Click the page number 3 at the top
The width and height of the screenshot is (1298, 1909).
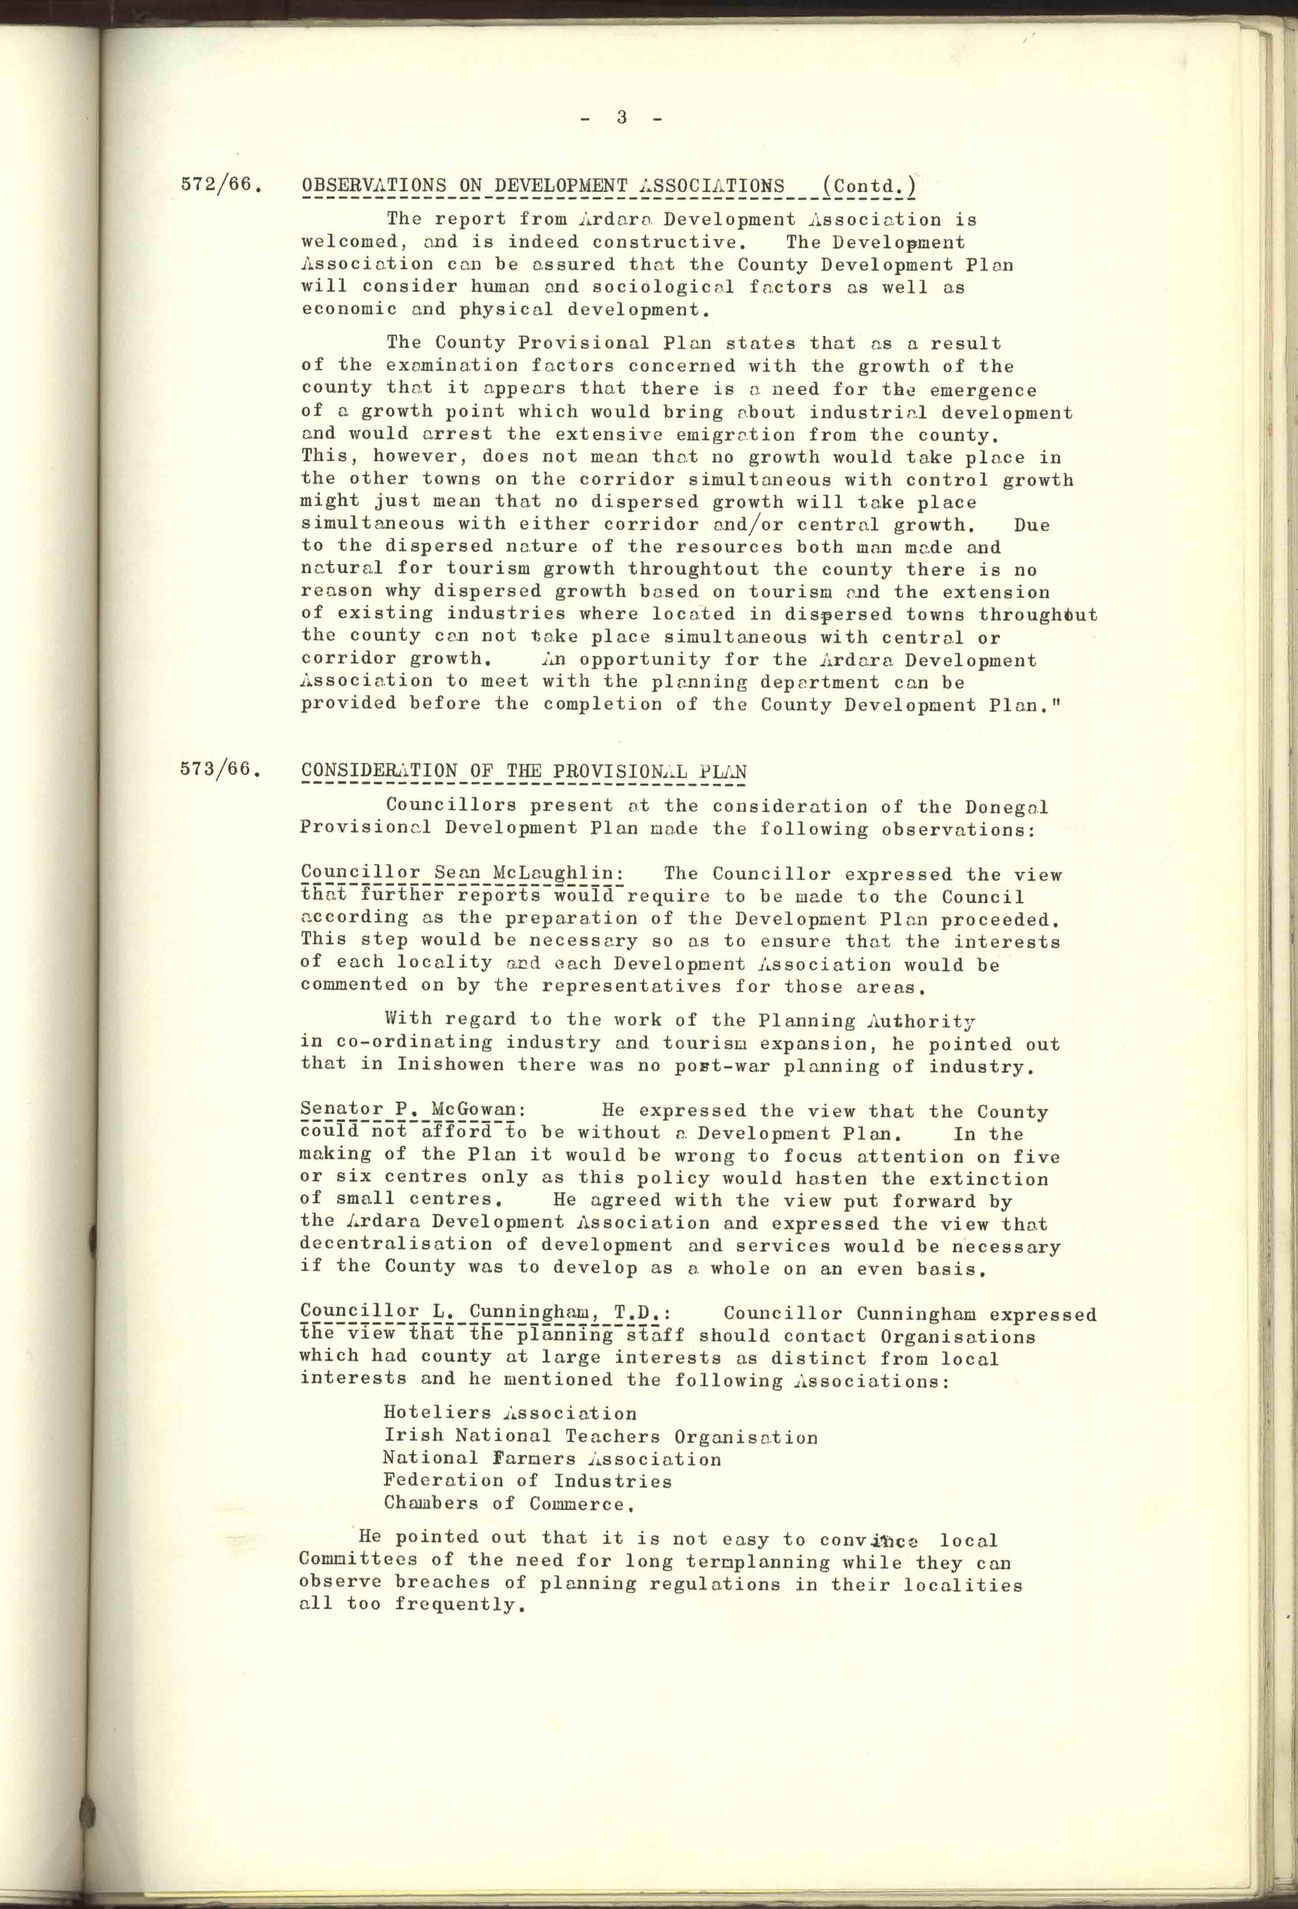[x=622, y=118]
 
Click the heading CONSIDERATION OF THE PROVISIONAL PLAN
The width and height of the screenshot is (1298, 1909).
[x=524, y=772]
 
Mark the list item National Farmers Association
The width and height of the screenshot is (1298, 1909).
[x=552, y=1459]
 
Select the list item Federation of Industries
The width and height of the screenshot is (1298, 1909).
[x=527, y=1481]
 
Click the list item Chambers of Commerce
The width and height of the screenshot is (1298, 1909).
[x=509, y=1504]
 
